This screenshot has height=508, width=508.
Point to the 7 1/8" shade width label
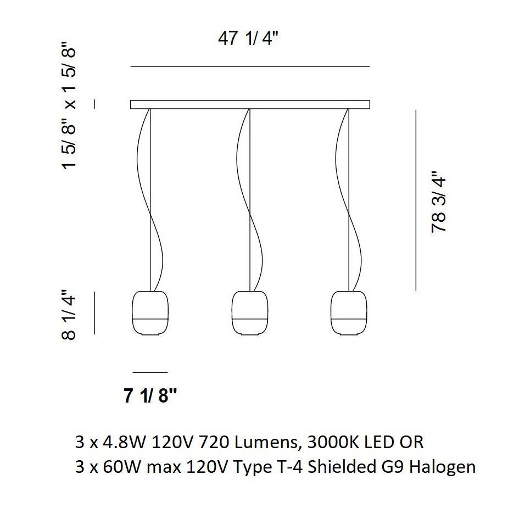(151, 395)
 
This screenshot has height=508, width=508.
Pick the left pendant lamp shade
(149, 312)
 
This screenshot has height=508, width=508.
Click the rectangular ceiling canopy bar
(250, 104)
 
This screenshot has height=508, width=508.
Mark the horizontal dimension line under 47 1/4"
(250, 66)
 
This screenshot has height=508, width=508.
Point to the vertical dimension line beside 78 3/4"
(416, 200)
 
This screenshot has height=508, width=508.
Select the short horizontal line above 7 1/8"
(150, 372)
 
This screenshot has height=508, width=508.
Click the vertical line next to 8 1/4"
(95, 312)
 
